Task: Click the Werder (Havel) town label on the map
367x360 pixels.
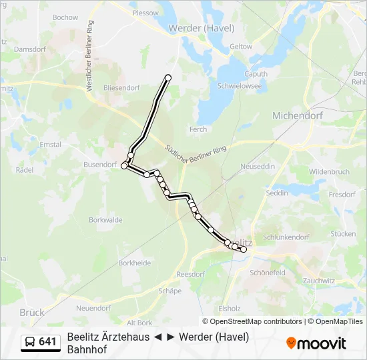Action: coord(201,28)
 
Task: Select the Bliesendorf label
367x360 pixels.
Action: coord(120,87)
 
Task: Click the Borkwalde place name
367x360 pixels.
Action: coord(105,219)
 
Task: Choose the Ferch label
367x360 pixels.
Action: coord(198,129)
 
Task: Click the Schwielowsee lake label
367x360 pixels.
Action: coord(240,86)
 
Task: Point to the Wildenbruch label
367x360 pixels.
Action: coord(329,171)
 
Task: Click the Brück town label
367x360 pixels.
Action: coord(32,312)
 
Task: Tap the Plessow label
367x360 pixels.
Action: coord(145,13)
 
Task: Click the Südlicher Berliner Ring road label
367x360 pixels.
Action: coord(193,156)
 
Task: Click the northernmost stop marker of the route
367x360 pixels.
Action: coord(168,78)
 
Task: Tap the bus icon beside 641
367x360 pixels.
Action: coord(30,343)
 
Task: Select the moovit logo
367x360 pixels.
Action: coord(316,343)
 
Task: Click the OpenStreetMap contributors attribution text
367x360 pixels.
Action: coord(257,321)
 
